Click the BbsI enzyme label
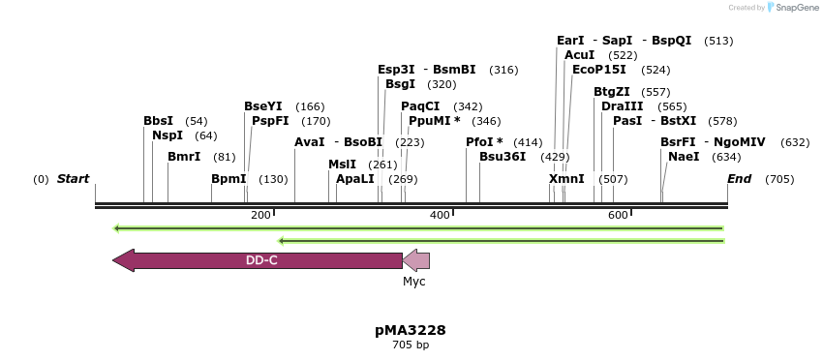158,121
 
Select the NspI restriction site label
168,135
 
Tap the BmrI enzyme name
184,157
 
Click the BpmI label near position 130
229,179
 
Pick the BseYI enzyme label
263,106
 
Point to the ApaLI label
355,179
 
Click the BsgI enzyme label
400,84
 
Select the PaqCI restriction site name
420,106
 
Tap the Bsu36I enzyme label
503,157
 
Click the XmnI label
566,179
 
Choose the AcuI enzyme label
579,55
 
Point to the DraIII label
622,106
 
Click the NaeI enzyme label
684,157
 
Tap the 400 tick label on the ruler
439,215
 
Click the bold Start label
73,179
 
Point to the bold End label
739,179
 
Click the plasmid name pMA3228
411,330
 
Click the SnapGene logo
790,8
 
